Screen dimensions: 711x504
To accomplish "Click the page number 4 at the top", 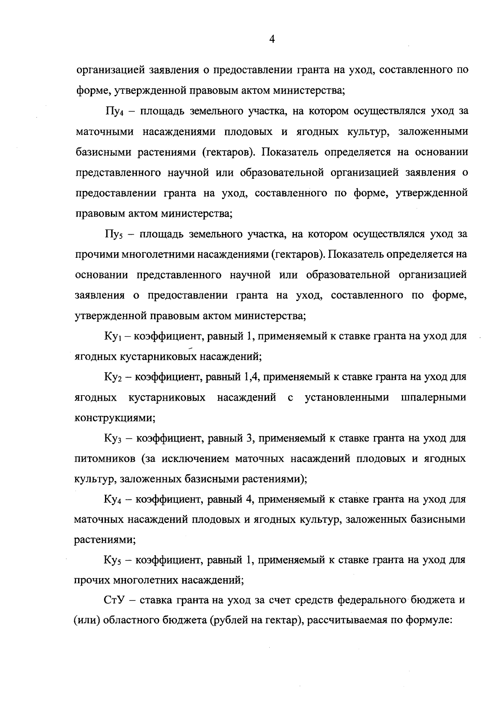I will pyautogui.click(x=271, y=40).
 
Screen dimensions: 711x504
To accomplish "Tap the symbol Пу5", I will pyautogui.click(x=114, y=235).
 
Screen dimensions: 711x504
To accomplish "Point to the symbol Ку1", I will pyautogui.click(x=113, y=337).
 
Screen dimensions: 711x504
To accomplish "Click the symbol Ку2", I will pyautogui.click(x=113, y=377).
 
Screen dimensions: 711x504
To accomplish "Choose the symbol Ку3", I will pyautogui.click(x=113, y=439).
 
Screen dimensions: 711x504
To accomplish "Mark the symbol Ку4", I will pyautogui.click(x=113, y=500).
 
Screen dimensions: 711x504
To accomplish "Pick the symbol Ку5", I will pyautogui.click(x=113, y=560).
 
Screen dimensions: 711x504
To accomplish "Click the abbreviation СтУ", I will pyautogui.click(x=115, y=600).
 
